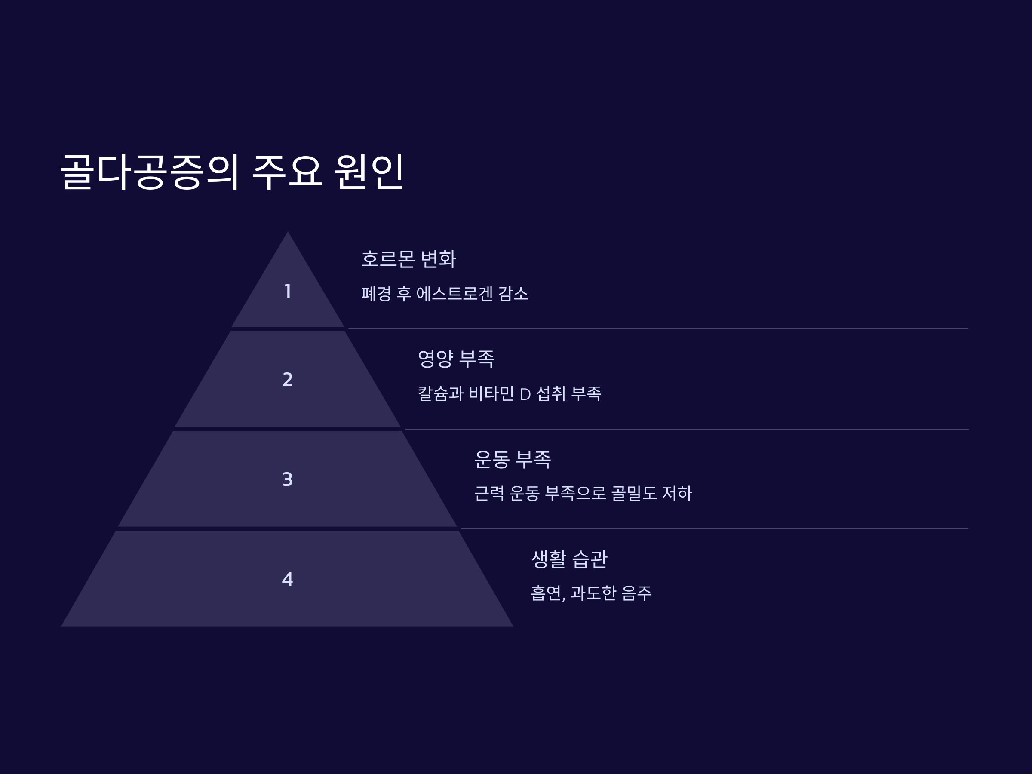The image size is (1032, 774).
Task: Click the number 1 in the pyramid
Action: coord(288,291)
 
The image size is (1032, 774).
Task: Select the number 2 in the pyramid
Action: coord(287,380)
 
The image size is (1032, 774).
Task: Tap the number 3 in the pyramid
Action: coord(287,479)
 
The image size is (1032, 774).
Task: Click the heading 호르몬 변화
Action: coord(408,259)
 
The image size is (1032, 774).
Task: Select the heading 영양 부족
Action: coord(456,359)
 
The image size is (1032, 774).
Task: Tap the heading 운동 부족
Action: coord(512,459)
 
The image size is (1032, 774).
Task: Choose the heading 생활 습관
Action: coord(569,559)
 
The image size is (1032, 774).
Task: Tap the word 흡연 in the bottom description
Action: coord(546,593)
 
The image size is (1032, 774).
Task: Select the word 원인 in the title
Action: coord(369,172)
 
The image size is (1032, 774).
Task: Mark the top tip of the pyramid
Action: coord(287,233)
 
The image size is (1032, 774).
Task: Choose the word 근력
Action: coord(489,494)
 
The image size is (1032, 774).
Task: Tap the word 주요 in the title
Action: coord(287,172)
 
